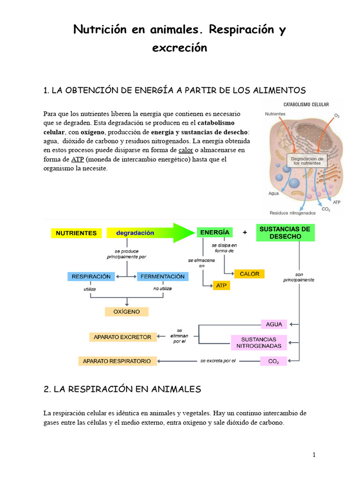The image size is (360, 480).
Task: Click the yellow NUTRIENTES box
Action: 76,233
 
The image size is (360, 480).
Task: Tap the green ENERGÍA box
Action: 214,232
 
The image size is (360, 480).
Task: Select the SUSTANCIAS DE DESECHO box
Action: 285,232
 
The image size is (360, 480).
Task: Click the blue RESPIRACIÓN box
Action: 91,277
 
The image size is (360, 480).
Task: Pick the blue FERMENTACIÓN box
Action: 163,277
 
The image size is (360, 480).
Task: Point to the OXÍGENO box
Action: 127,311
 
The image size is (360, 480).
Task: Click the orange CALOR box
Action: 249,274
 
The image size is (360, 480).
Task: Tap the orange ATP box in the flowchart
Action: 221,285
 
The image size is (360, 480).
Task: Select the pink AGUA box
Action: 274,324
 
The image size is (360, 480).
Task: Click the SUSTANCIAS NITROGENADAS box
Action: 259,343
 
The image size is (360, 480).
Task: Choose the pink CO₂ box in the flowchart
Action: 274,361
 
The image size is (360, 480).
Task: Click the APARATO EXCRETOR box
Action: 122,337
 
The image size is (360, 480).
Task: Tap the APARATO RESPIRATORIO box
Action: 117,361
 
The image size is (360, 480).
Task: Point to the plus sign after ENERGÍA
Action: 245,232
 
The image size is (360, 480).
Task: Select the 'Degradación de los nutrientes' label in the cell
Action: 307,161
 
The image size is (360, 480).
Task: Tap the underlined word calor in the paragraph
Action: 186,150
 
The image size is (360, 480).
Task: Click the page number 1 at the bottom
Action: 314,455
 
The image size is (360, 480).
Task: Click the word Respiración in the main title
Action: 240,30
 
